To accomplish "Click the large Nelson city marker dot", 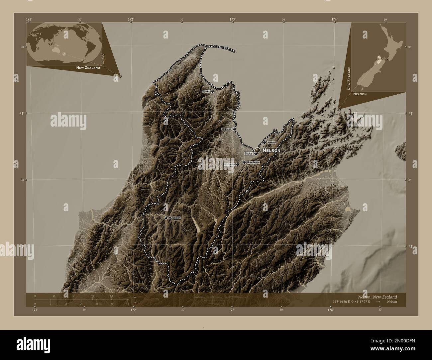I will (258, 150).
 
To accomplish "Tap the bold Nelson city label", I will (271, 150).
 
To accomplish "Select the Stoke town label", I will (249, 154).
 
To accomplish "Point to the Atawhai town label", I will (271, 142).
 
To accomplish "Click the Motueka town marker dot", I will (234, 129).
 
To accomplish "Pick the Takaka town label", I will (206, 91).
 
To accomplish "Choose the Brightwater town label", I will (253, 162).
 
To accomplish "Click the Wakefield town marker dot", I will (238, 164).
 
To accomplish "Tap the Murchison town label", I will (174, 218).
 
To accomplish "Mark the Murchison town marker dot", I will (166, 218).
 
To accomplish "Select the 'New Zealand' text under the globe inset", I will (88, 68).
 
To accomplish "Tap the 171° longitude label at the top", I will (29, 20).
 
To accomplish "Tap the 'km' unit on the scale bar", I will (135, 297).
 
